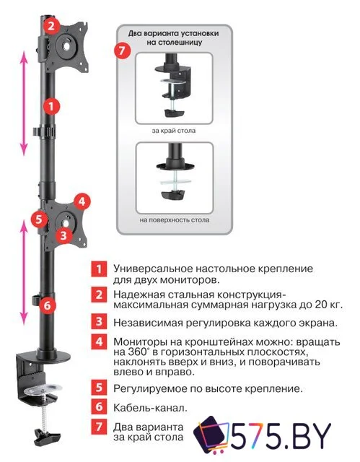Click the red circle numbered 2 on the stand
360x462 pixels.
pyautogui.click(x=50, y=26)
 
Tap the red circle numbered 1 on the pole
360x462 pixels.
pyautogui.click(x=50, y=106)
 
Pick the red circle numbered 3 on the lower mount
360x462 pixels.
pyautogui.click(x=64, y=235)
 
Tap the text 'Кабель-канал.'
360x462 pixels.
pyautogui.click(x=148, y=408)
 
